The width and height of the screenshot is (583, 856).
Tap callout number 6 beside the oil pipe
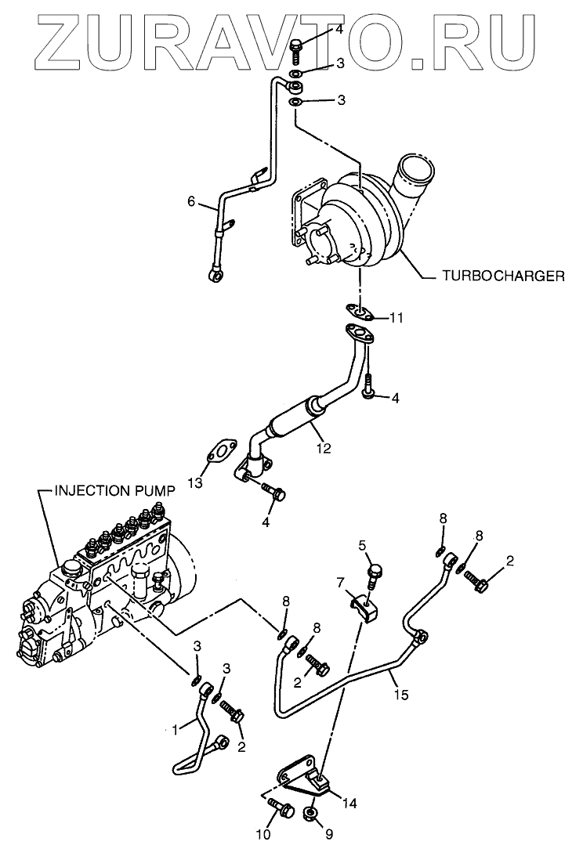(190, 201)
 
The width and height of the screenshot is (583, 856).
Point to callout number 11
(397, 318)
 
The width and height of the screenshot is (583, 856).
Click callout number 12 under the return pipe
(324, 450)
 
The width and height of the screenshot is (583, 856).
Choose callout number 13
(195, 482)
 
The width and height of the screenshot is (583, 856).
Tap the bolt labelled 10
(281, 807)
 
